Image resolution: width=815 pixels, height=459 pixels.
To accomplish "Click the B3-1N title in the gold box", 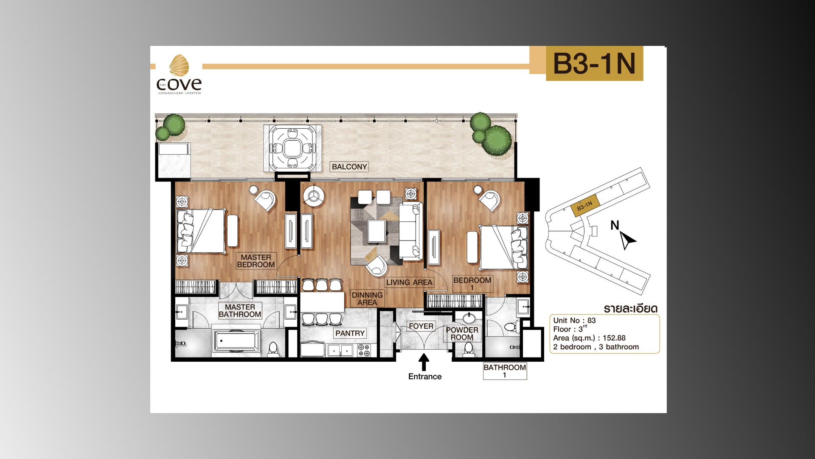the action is [594, 64].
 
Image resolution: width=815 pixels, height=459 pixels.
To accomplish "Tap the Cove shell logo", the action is [179, 65].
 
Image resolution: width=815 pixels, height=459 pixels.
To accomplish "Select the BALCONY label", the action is [349, 167].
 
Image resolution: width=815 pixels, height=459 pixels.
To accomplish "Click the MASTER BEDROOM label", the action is [256, 261].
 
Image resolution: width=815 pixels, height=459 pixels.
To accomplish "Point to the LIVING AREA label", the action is [409, 282].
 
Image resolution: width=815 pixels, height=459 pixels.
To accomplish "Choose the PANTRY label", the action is [350, 333].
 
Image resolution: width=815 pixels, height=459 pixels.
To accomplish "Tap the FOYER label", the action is [421, 326].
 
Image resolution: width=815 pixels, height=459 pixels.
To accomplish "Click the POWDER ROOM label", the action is [462, 334].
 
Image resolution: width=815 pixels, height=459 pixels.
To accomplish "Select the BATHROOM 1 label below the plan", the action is [505, 371].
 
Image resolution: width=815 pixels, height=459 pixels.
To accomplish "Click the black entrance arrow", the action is [424, 363].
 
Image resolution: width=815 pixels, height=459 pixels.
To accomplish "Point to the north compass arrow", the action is [627, 240].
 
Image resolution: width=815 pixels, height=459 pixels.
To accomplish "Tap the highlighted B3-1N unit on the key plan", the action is [585, 206].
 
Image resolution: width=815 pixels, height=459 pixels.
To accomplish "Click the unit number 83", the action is [591, 320].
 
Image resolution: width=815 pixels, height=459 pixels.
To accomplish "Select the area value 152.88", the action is [614, 338].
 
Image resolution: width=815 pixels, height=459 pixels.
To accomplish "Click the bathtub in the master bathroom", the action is [236, 341].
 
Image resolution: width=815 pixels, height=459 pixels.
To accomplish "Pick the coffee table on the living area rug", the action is [377, 231].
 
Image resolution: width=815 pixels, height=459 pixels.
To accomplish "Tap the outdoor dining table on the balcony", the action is [292, 148].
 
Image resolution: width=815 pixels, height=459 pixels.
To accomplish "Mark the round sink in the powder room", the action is [469, 318].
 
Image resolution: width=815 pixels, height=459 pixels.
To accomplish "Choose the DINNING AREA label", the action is [367, 298].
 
